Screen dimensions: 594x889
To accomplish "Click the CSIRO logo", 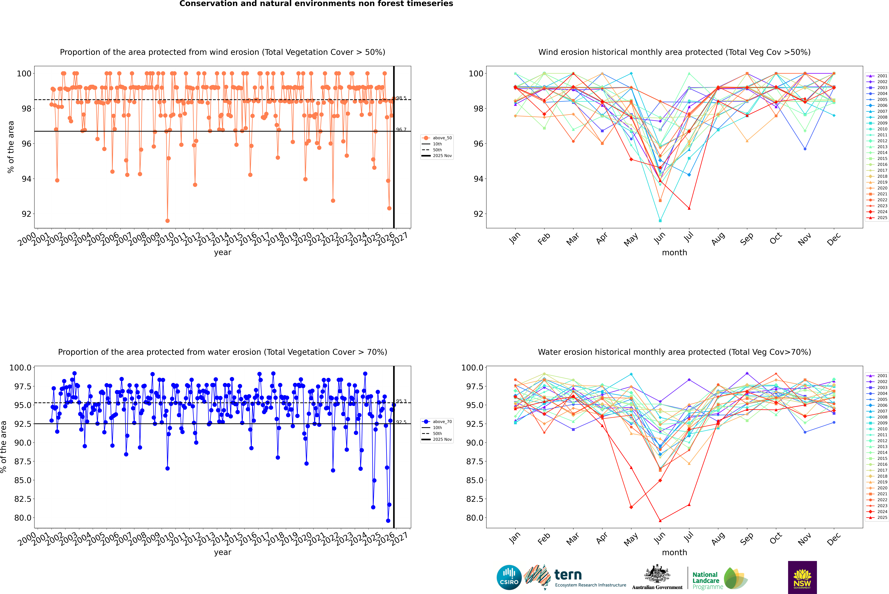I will [x=509, y=577].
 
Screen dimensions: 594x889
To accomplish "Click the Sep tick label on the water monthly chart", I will [x=747, y=538].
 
